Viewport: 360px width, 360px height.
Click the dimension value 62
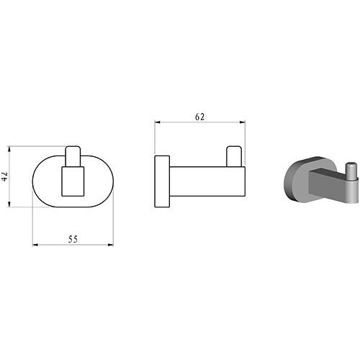(x=199, y=117)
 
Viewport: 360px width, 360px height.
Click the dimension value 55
(x=73, y=239)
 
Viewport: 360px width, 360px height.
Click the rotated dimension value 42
(x=6, y=176)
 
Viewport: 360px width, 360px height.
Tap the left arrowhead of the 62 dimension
(x=157, y=122)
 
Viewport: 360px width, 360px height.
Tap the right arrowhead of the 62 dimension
(x=243, y=122)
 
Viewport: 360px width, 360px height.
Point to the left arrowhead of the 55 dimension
(x=35, y=245)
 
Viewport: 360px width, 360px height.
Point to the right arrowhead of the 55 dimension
(x=110, y=245)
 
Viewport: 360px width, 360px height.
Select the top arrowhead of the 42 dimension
(x=9, y=149)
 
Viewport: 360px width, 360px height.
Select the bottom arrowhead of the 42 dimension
(x=9, y=204)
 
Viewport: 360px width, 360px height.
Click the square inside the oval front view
(x=73, y=181)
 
